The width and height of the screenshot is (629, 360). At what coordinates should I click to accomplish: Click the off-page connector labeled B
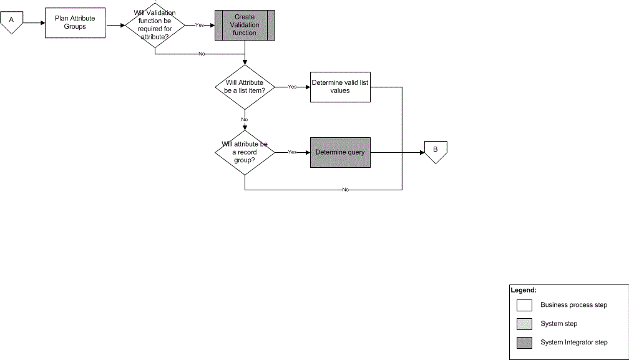click(436, 151)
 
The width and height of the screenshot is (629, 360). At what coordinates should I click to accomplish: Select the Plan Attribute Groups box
click(75, 23)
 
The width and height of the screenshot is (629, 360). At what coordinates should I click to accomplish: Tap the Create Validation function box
click(245, 25)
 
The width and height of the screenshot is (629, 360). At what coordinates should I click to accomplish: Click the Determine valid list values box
click(340, 86)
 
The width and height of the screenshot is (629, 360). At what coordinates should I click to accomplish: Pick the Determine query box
click(340, 152)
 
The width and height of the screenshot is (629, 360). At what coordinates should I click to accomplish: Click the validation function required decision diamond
click(155, 25)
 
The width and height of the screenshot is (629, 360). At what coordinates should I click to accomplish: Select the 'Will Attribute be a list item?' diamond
click(245, 86)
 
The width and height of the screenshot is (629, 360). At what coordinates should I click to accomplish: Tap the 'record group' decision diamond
click(245, 152)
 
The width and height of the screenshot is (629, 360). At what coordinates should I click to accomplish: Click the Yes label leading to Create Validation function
click(200, 25)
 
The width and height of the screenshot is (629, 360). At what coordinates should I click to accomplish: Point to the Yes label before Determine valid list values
click(292, 87)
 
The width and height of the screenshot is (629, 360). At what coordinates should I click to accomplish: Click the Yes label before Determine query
click(292, 152)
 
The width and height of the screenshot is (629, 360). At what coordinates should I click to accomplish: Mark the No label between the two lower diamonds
click(245, 119)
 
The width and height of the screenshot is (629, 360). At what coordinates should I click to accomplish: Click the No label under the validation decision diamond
click(202, 54)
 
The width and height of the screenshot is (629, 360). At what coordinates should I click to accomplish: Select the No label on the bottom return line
click(345, 189)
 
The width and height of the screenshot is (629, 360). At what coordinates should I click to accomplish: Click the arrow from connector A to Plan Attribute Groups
click(35, 24)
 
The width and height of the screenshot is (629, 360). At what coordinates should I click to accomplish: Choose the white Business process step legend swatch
click(524, 305)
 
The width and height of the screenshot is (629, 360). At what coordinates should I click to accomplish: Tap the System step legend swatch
click(524, 323)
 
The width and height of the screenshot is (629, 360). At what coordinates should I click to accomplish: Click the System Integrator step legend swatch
click(524, 342)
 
